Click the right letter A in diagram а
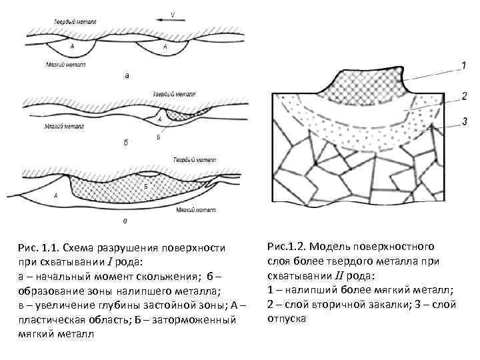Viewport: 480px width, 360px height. tap(165, 47)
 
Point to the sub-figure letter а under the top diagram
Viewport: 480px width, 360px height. tap(128, 76)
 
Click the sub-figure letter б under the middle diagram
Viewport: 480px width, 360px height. tap(127, 142)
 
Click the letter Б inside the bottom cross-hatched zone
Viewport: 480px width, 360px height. tap(145, 186)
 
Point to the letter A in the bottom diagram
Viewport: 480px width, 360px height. tap(56, 196)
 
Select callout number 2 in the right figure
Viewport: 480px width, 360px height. tap(463, 96)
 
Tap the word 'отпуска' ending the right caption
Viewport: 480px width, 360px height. tap(287, 318)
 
